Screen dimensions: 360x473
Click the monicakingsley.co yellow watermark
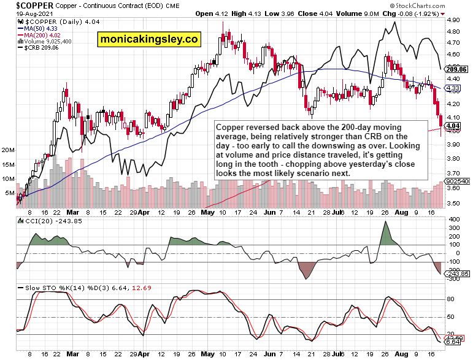pyautogui.click(x=149, y=40)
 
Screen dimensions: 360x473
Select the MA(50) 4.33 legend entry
pyautogui.click(x=41, y=28)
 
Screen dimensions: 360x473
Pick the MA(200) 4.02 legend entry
pyautogui.click(x=43, y=35)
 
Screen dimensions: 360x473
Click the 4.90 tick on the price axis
pyautogui.click(x=455, y=20)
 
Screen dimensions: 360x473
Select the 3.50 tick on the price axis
pyautogui.click(x=455, y=204)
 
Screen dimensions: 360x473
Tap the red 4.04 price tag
pyautogui.click(x=453, y=126)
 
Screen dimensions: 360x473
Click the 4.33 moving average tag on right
pyautogui.click(x=453, y=88)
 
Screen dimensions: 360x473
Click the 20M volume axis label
pyautogui.click(x=9, y=150)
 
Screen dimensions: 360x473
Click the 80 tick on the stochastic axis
pyautogui.click(x=450, y=300)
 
